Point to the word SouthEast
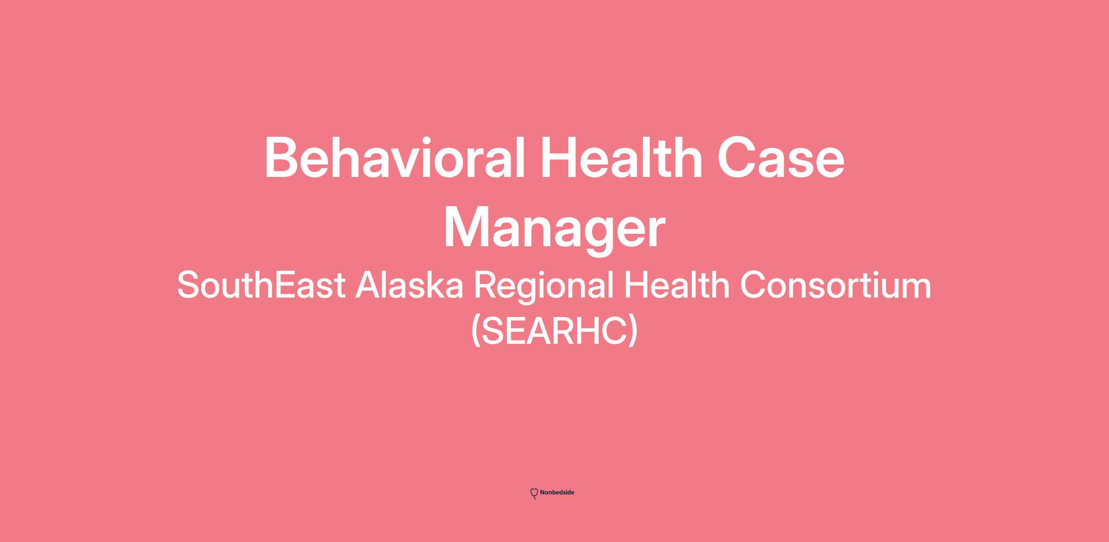coord(261,285)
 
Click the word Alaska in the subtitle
coord(409,285)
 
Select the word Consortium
coord(836,285)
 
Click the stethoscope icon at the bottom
coord(534,493)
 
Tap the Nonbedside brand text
coord(557,493)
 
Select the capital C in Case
coord(737,158)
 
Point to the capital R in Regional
coord(485,285)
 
